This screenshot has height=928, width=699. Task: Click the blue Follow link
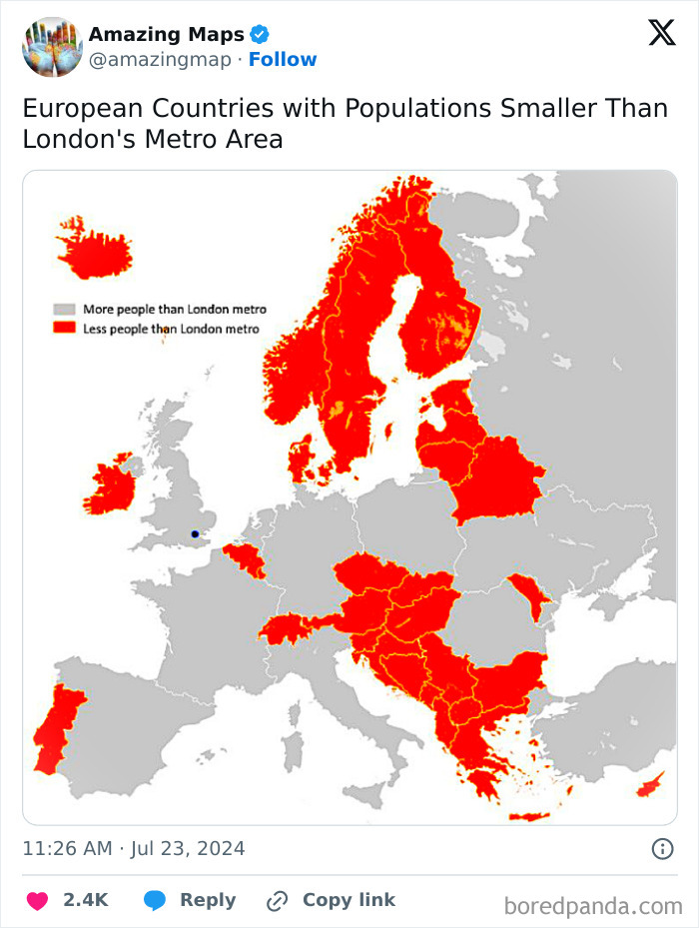click(x=283, y=60)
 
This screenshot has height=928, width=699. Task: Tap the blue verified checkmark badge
click(x=259, y=35)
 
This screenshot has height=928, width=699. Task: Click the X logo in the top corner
click(x=661, y=33)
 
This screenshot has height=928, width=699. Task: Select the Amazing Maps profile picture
click(x=52, y=46)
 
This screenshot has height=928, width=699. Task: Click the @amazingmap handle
click(x=160, y=60)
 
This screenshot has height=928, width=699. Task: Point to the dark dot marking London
click(x=195, y=533)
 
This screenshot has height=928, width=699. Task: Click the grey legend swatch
click(x=65, y=310)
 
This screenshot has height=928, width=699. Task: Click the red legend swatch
click(x=65, y=329)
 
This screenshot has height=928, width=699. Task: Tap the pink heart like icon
click(x=37, y=900)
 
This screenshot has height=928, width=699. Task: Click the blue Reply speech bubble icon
click(x=155, y=900)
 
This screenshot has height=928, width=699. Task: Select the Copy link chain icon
click(x=277, y=901)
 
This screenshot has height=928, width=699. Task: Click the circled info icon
click(x=662, y=849)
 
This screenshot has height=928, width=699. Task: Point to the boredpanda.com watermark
click(x=593, y=906)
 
